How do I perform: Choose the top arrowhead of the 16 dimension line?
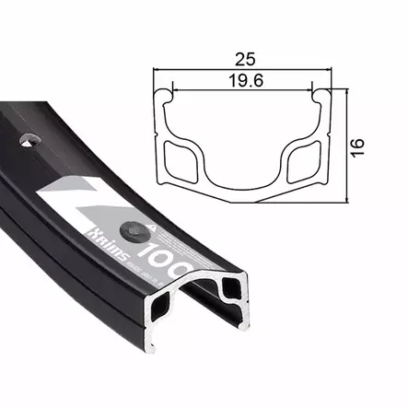pos(347,92)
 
